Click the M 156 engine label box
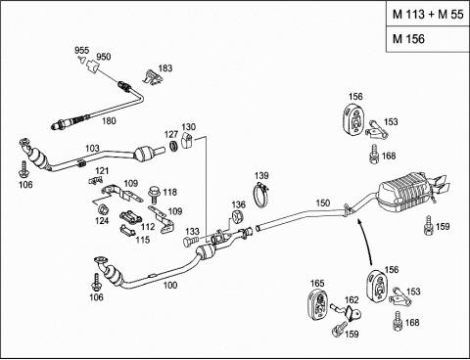[x=428, y=39]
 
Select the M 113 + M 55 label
[x=428, y=15]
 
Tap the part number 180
[x=109, y=121]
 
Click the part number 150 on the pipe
[x=322, y=203]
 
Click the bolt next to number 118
[x=153, y=195]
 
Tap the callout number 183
[x=165, y=68]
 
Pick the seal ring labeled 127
[x=174, y=147]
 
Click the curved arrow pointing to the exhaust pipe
[x=365, y=242]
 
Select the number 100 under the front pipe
[x=170, y=286]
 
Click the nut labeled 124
[x=103, y=208]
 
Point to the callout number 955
[x=81, y=51]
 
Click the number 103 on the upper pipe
[x=92, y=149]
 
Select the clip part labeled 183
[x=152, y=77]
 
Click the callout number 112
[x=148, y=226]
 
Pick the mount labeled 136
[x=238, y=217]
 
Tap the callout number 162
[x=352, y=300]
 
